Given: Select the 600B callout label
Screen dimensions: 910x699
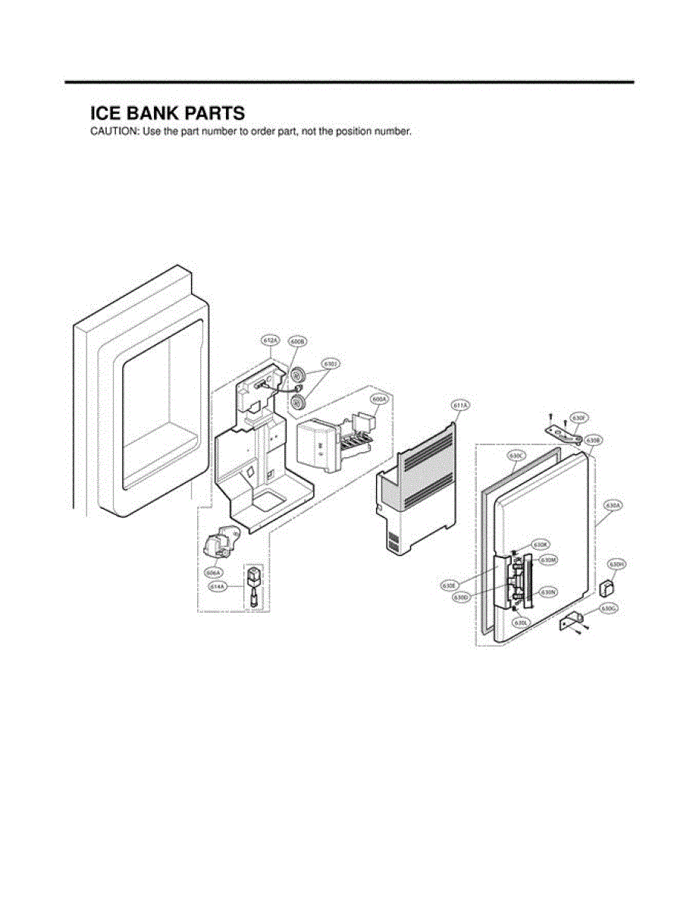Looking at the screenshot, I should (297, 342).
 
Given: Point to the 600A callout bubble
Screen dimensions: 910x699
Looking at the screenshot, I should (379, 399).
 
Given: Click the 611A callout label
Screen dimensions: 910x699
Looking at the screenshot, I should (460, 405).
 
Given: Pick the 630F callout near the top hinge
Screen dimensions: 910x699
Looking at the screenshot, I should (579, 418).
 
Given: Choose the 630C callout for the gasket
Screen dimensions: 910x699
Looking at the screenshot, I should (517, 456).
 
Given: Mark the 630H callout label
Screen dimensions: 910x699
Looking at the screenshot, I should (617, 565).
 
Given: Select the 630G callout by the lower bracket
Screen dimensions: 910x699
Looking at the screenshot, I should (609, 608).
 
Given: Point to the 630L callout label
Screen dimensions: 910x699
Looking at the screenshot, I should (520, 623).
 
